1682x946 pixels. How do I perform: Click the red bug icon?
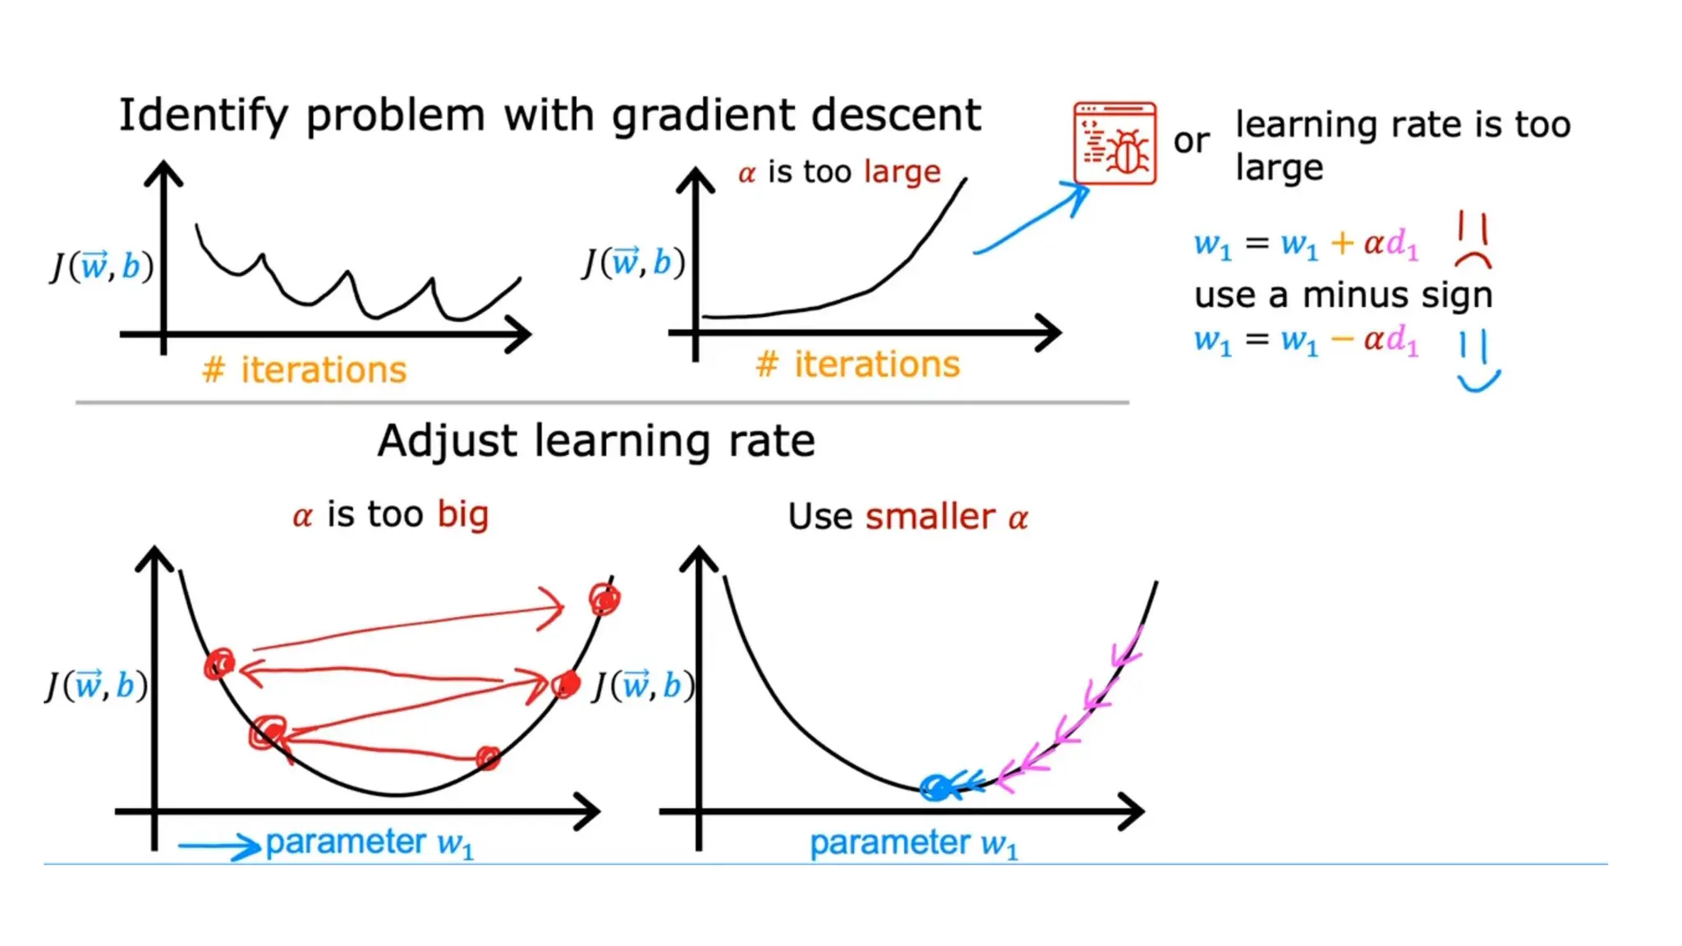tap(1114, 144)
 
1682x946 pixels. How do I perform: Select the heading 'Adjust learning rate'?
tap(596, 441)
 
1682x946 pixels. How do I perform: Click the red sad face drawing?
tap(1473, 239)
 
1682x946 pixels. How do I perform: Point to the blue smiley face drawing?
tap(1477, 360)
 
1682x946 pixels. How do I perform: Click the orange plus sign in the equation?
tap(1342, 243)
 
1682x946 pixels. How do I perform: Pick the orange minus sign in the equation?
tap(1342, 339)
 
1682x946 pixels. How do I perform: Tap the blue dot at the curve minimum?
tap(935, 788)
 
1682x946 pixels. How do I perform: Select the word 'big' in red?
tap(462, 515)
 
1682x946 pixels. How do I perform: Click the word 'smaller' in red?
tap(930, 517)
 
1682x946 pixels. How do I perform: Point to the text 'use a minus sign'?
tap(1343, 296)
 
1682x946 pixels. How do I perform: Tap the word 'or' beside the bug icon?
tap(1191, 141)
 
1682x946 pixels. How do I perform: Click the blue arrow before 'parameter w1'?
tap(218, 845)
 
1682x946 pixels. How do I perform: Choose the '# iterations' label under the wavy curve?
tap(304, 370)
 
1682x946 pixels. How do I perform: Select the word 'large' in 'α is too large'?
tap(902, 172)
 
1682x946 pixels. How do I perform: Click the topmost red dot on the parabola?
tap(605, 599)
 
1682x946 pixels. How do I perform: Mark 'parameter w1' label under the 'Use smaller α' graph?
tap(913, 843)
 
